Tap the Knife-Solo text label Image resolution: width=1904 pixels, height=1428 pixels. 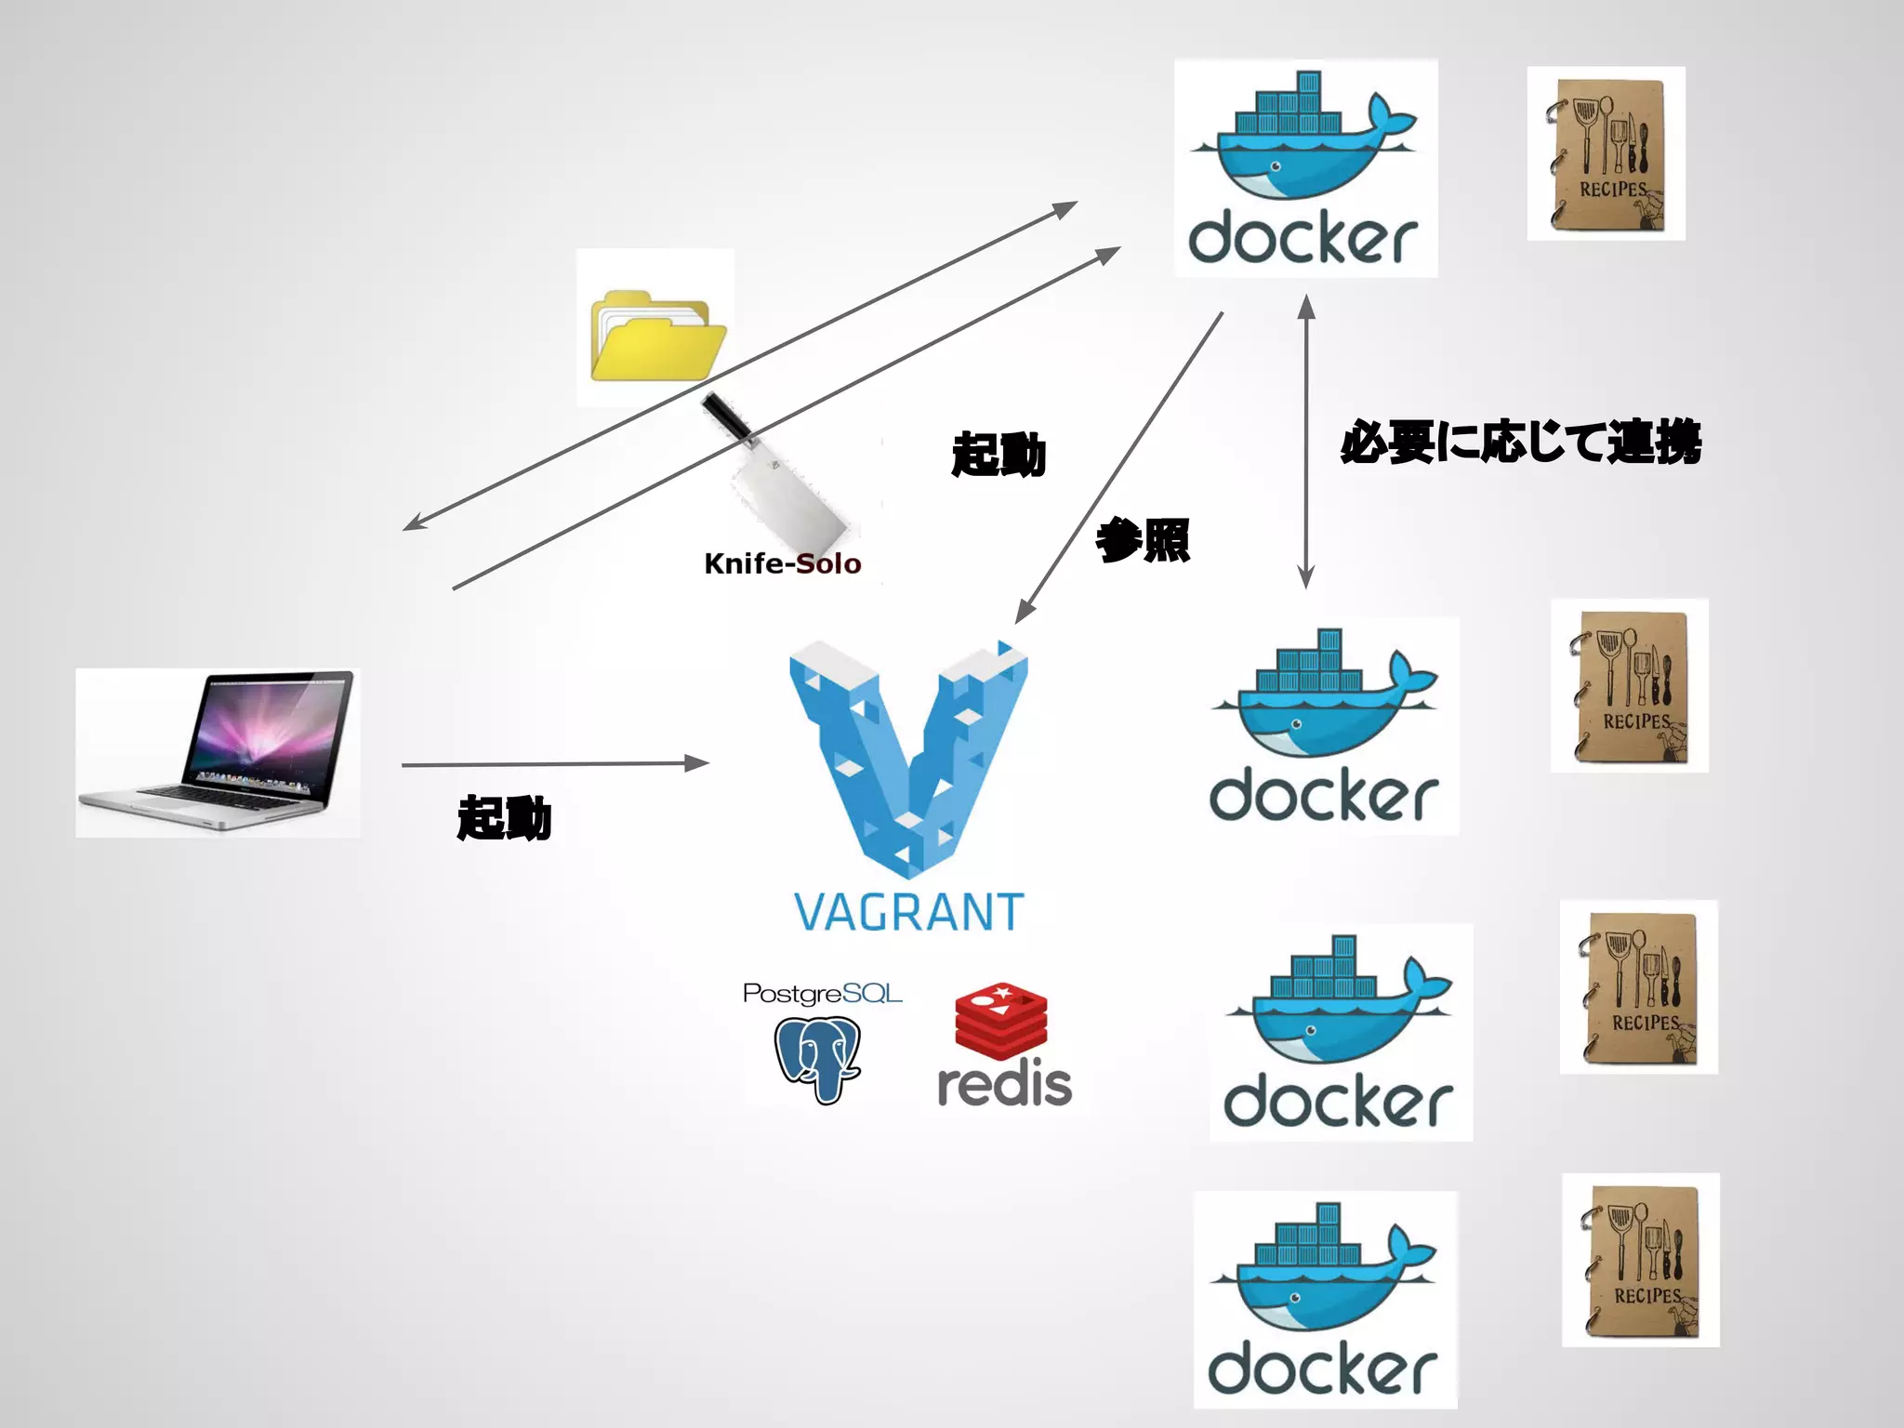pos(782,563)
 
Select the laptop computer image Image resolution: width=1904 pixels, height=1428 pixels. pos(218,751)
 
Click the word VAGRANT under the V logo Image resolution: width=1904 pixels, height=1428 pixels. pos(908,912)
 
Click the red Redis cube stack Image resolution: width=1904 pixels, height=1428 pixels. pos(1001,1020)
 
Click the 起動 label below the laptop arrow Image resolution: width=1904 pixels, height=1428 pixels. pos(504,818)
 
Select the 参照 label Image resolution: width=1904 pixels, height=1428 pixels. pos(1143,540)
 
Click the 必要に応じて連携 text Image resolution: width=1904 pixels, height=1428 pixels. pos(1520,442)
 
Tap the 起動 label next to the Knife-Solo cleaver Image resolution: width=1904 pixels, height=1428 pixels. pos(998,455)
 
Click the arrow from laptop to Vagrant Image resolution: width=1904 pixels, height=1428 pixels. pos(554,764)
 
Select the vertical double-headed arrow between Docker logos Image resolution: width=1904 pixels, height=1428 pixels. pos(1306,442)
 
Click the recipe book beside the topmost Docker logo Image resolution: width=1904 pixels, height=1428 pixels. pos(1606,153)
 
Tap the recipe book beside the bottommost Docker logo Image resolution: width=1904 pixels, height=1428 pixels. pos(1641,1260)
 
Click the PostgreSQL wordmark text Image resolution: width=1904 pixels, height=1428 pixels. pos(822,994)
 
